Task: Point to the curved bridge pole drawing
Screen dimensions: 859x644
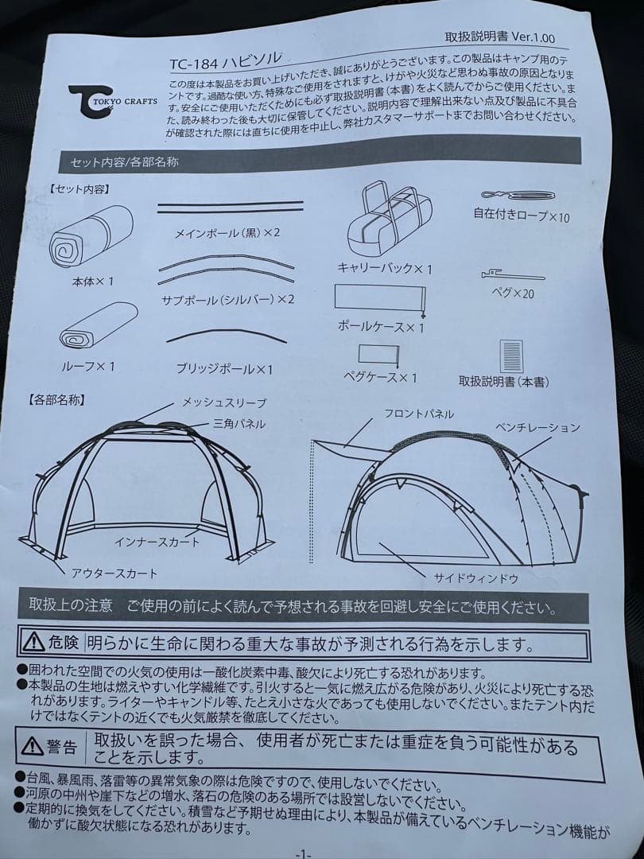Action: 227,335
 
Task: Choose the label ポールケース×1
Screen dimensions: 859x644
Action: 381,327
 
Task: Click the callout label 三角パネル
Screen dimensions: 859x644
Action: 239,423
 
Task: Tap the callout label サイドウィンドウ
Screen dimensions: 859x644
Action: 476,578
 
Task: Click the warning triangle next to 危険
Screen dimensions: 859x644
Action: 33,641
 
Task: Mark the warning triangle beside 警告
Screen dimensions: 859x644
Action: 33,745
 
